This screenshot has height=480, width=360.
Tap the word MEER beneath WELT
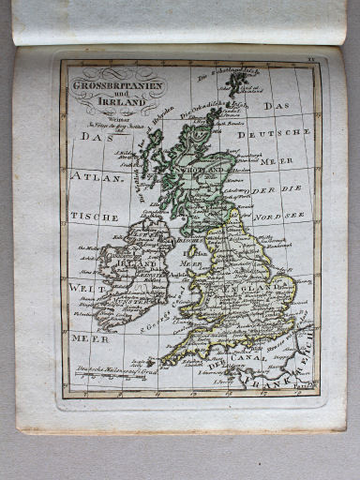(x=84, y=337)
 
